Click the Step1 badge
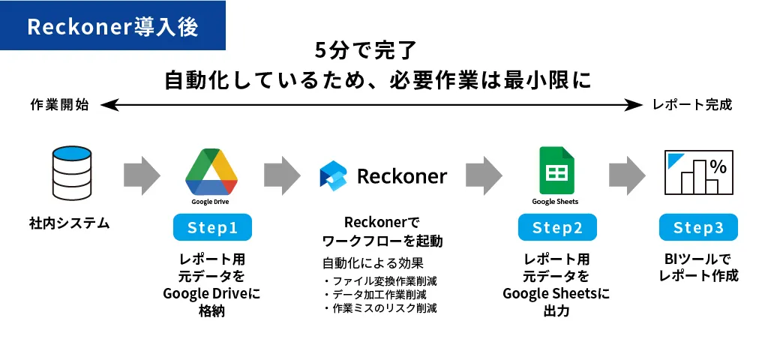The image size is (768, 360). coord(212,227)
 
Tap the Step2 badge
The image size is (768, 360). coord(557,227)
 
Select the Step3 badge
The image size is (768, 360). coord(698,227)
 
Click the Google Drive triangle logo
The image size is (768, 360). coord(211,172)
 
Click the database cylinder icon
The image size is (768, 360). coord(72,173)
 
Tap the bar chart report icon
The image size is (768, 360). coord(698,172)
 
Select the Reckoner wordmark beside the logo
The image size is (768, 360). coord(402,175)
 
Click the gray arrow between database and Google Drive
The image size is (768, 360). coord(142,175)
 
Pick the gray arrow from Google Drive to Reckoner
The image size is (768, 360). coord(282,175)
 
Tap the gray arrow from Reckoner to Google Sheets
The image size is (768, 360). coord(484,175)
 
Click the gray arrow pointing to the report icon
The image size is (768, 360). coord(628,175)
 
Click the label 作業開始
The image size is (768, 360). coord(60,105)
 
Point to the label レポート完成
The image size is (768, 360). coord(692,105)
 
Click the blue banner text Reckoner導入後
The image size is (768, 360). coord(112,26)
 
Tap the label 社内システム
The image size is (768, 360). coord(70,223)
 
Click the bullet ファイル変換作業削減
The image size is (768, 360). coord(380,282)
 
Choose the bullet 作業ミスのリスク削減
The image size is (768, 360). coord(380,308)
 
